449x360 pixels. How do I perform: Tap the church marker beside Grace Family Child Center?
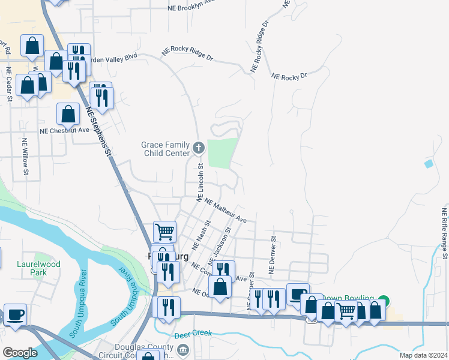(x=199, y=146)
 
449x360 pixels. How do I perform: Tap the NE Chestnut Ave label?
(x=64, y=130)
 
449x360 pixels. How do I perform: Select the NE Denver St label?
(x=272, y=255)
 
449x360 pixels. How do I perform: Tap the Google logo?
(x=19, y=353)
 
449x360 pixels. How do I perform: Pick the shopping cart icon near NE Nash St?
(x=164, y=231)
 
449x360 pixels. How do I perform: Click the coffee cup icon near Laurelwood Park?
(x=15, y=314)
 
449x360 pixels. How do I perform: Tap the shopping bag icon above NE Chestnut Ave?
(x=68, y=113)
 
